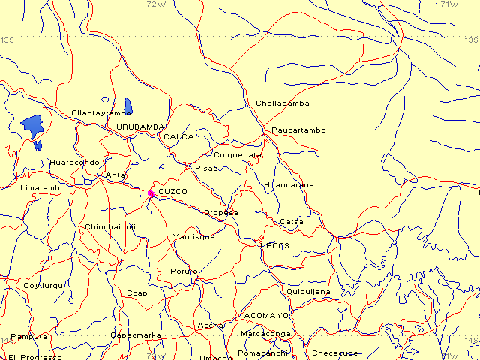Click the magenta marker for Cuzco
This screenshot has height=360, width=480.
click(x=151, y=193)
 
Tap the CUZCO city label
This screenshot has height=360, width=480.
click(x=173, y=193)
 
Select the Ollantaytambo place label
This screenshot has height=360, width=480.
click(x=100, y=113)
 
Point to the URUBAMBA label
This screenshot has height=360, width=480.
click(x=139, y=127)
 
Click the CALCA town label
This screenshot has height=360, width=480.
click(x=178, y=137)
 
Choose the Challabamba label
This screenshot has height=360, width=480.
click(x=282, y=103)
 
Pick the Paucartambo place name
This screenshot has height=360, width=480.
click(x=298, y=130)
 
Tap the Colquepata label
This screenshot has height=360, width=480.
click(x=238, y=155)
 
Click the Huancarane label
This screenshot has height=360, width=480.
click(x=289, y=184)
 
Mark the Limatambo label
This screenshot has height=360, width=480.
click(x=43, y=187)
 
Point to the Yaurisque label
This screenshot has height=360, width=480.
click(x=193, y=236)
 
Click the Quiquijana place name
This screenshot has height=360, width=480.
click(x=308, y=292)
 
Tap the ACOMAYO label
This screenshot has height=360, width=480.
click(x=262, y=316)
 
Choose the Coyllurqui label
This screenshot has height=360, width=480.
click(x=45, y=285)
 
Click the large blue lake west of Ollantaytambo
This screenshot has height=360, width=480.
click(x=32, y=124)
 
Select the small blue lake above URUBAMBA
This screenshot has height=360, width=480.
click(x=128, y=106)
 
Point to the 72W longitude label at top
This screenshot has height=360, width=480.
click(x=155, y=4)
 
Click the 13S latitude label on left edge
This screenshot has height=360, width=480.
click(x=8, y=40)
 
